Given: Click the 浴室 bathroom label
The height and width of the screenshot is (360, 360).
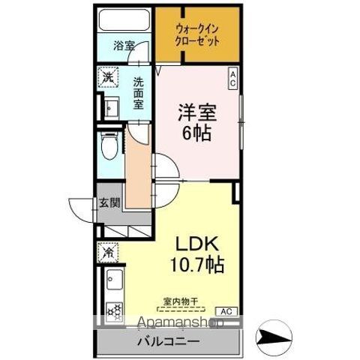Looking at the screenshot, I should (x=124, y=45).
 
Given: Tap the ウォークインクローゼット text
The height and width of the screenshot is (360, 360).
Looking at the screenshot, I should (x=197, y=35).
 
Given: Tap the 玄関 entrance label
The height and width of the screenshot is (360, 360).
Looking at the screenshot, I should (x=109, y=202).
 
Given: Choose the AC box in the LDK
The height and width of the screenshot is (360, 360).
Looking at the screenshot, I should (x=225, y=310).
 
